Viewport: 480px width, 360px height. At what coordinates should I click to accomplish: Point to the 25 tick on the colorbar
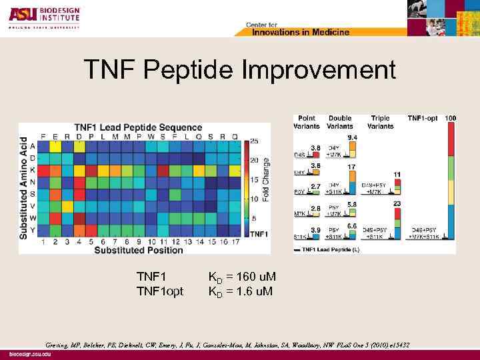coord(255,141)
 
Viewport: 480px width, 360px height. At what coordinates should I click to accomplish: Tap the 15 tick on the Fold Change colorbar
coord(255,179)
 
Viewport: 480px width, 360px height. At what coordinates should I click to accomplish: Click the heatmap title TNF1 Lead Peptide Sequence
coord(138,127)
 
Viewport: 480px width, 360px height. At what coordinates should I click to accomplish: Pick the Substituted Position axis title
coord(138,250)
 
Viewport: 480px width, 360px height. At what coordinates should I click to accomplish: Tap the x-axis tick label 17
coord(235,242)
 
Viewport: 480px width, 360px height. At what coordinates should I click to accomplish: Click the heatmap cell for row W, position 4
coord(79,218)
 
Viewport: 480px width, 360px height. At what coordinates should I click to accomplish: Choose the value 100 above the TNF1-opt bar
coord(451,119)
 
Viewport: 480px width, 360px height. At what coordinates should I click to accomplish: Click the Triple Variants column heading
coord(379,122)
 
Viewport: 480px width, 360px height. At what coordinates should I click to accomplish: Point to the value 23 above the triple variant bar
coord(397,203)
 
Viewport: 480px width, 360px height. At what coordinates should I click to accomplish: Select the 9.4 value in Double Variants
coord(352,137)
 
